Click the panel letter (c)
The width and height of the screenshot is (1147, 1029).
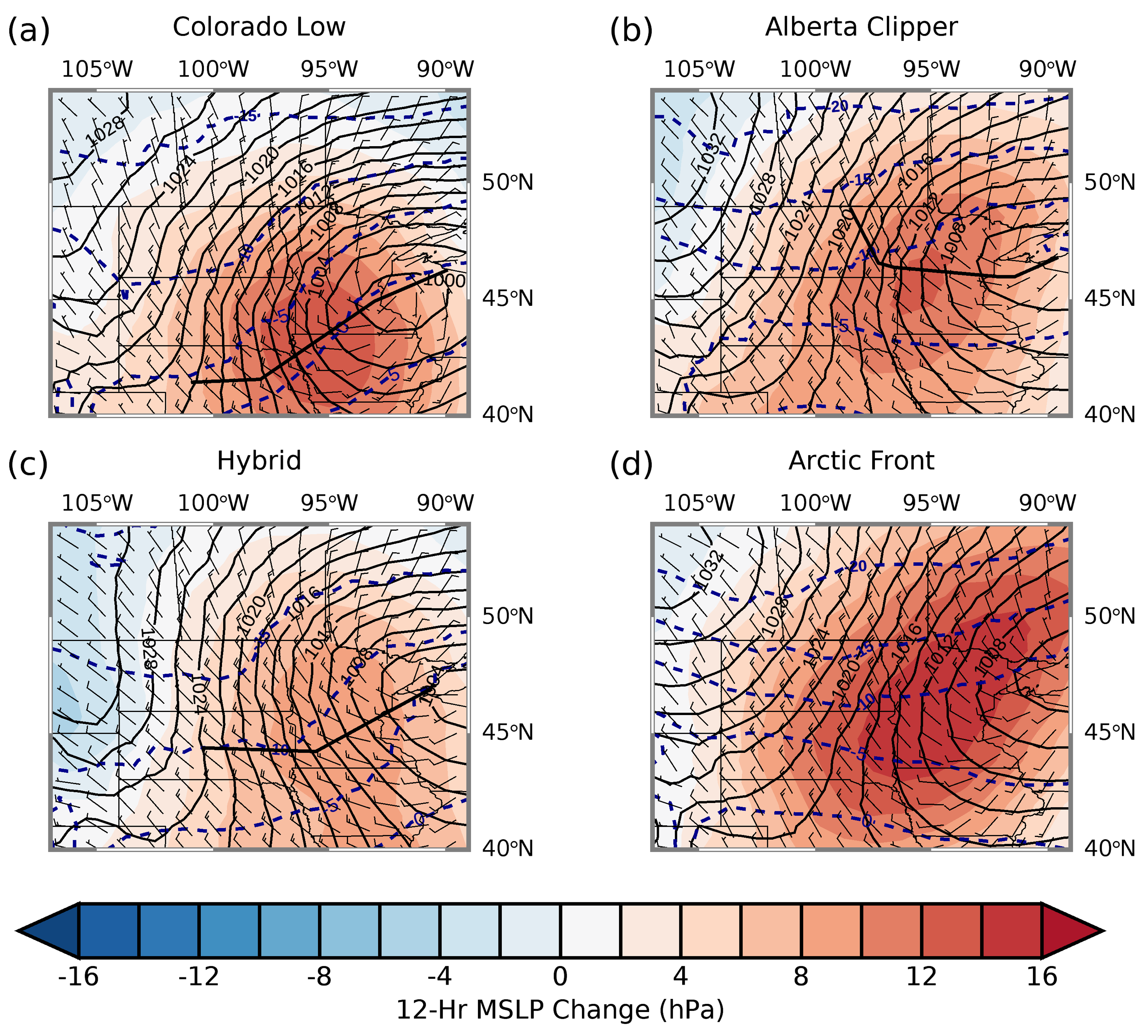(28, 464)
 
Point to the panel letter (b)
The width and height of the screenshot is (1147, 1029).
(631, 30)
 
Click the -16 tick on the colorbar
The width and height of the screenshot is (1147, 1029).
(79, 976)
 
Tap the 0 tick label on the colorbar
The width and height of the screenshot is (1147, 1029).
(560, 976)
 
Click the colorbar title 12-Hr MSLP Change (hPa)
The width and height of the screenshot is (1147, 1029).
(560, 1010)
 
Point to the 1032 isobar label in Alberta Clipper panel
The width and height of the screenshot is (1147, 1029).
(709, 153)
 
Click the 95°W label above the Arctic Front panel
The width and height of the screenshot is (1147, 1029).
(931, 502)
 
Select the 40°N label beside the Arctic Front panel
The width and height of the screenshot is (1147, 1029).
(1109, 848)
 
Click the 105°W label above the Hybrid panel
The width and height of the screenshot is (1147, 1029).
(97, 502)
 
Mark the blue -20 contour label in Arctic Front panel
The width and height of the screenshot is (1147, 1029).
(857, 566)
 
